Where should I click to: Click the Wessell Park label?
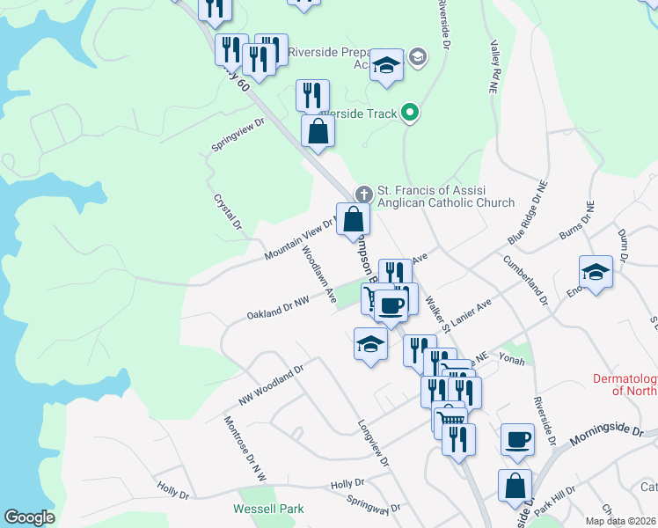click(x=268, y=509)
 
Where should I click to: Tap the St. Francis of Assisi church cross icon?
click(x=362, y=194)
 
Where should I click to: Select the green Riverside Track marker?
click(x=409, y=112)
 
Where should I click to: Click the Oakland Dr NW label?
click(x=277, y=308)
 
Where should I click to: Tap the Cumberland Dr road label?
click(x=525, y=280)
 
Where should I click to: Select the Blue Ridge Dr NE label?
click(x=528, y=212)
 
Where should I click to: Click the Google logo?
click(x=29, y=517)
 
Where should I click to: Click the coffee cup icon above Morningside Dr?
click(x=517, y=439)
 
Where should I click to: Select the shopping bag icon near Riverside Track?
click(x=318, y=132)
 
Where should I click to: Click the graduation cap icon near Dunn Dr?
click(x=596, y=271)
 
